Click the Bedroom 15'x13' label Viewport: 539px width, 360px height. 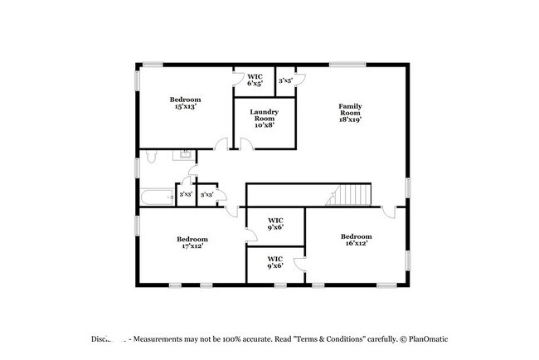tap(187, 103)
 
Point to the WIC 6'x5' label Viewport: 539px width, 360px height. tap(255, 80)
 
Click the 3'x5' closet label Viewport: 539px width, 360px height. tap(285, 80)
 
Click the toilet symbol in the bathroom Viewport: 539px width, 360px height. tap(150, 156)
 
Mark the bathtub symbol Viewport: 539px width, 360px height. tap(157, 197)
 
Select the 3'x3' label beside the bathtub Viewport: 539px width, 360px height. tap(186, 194)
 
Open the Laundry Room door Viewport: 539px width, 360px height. tap(245, 144)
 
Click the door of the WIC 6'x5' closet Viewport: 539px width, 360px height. tap(239, 80)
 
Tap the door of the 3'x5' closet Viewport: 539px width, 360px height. tap(302, 80)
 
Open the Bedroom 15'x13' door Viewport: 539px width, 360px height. tap(221, 144)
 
